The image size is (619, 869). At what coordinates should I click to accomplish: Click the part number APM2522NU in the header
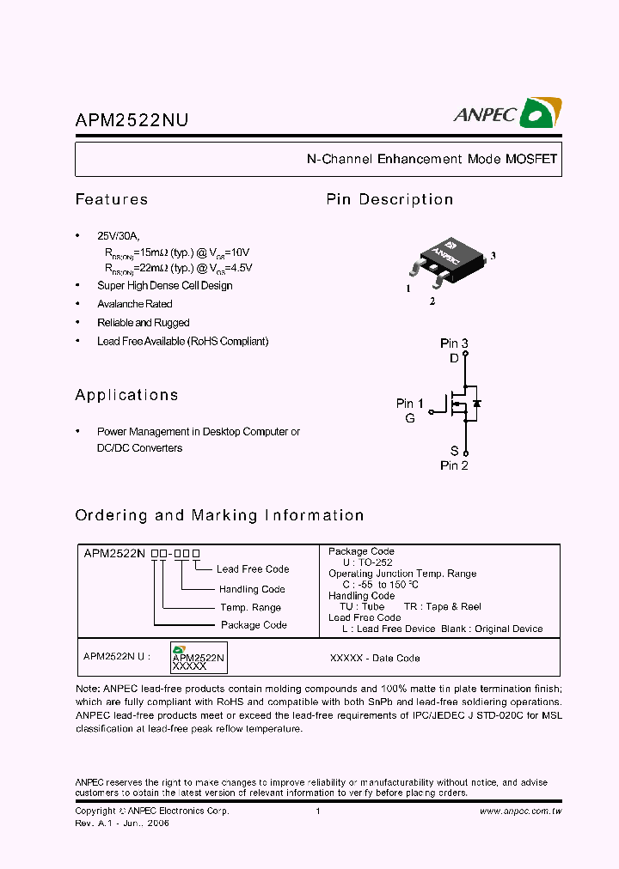131,122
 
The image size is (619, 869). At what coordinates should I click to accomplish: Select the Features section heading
112,199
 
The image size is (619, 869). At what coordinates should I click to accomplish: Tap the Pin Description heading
389,199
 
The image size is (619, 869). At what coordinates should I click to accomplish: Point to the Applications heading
126,395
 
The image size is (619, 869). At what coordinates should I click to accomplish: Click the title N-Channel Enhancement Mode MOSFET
432,159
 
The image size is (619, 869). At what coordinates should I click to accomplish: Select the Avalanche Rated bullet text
134,304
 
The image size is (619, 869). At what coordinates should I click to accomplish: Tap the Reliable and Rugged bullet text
143,323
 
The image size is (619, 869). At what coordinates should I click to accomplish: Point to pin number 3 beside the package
493,256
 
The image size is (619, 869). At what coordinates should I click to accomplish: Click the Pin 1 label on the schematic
409,404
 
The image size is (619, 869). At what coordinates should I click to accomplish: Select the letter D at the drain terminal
455,359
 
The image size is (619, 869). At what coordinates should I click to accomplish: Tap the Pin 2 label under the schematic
454,465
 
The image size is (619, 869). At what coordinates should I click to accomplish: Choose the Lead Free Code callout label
253,569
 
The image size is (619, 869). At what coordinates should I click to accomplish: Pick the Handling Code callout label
252,589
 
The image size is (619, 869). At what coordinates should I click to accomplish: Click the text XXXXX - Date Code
375,659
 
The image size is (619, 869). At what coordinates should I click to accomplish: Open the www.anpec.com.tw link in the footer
520,811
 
